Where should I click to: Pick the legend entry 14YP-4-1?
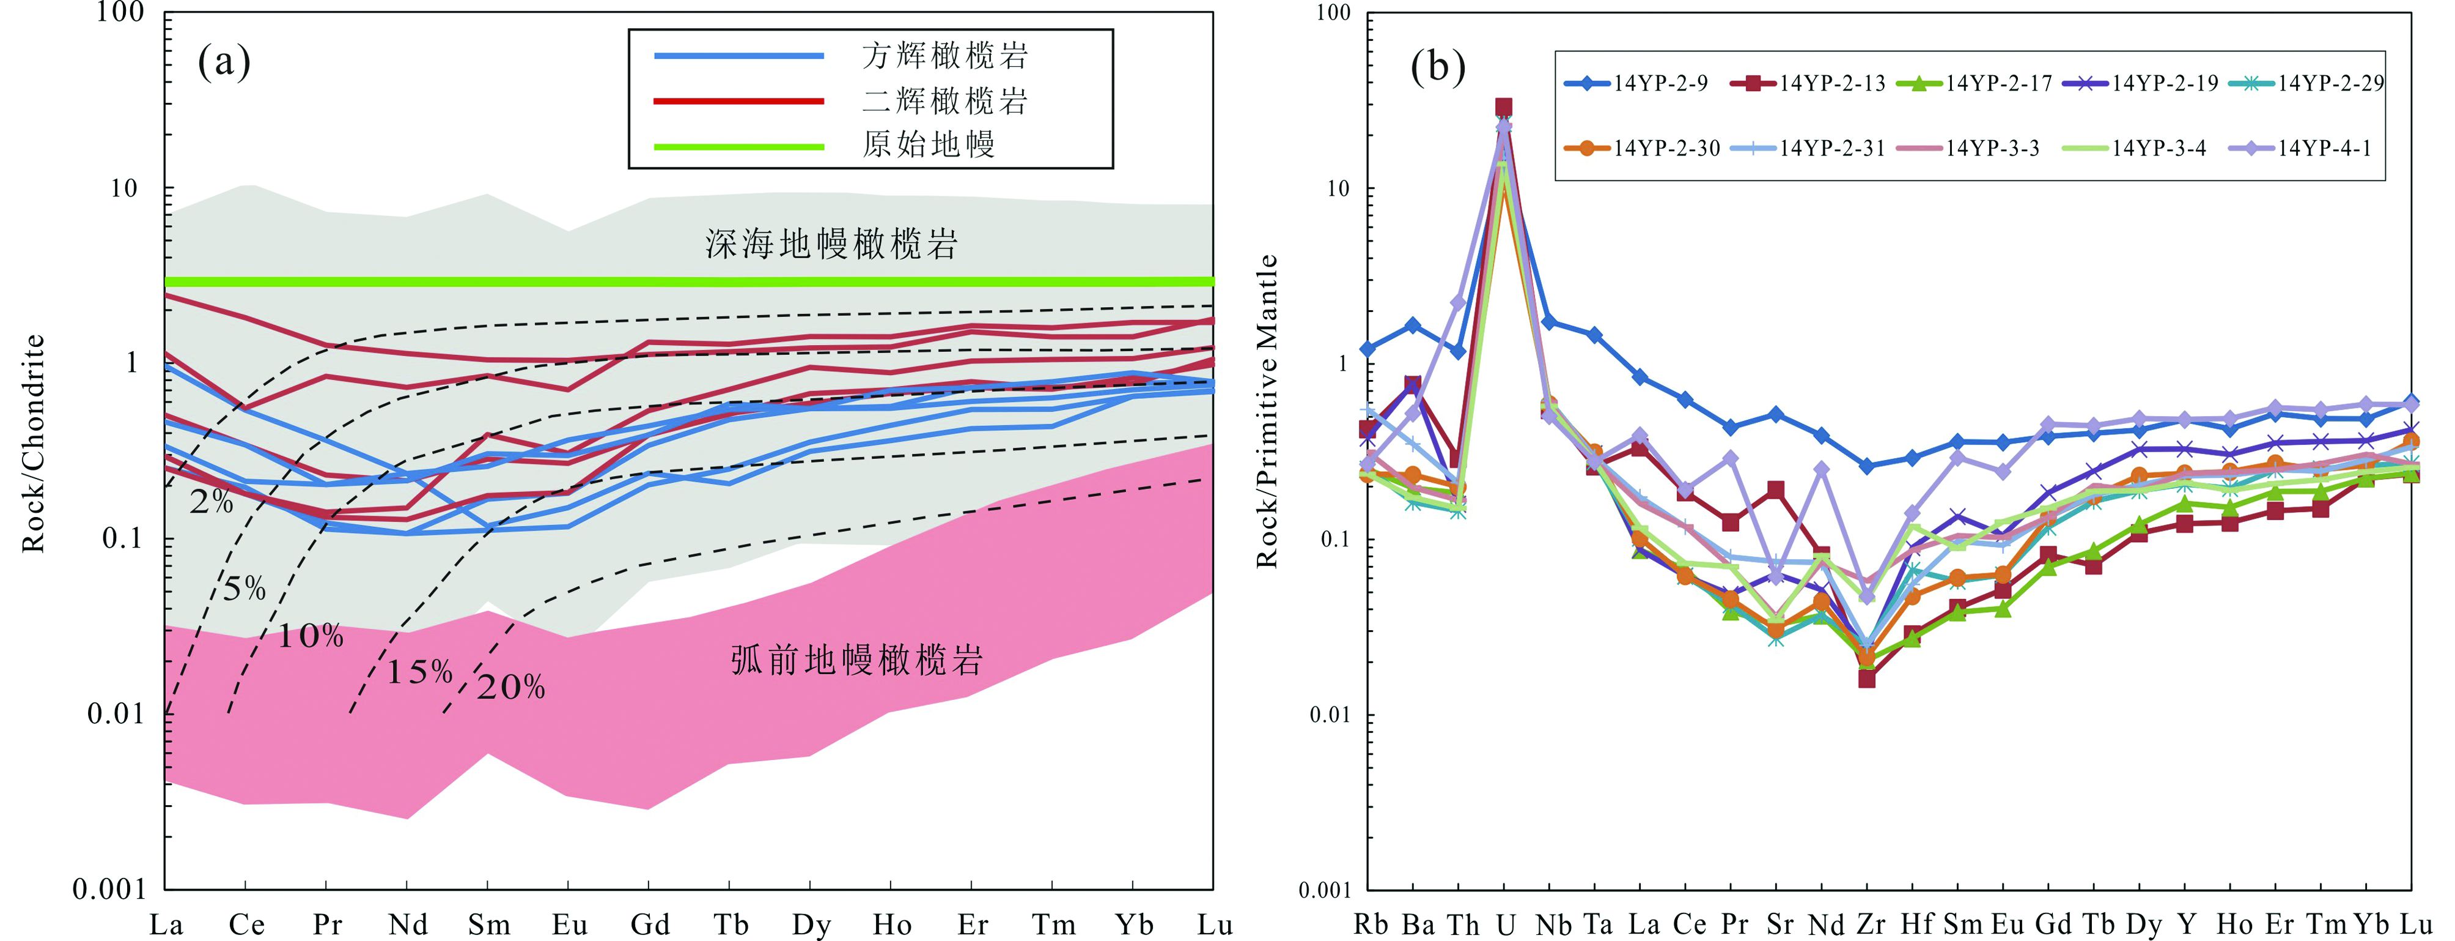(x=2324, y=149)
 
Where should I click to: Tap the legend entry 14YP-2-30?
(x=1666, y=149)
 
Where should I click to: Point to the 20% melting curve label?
(x=511, y=688)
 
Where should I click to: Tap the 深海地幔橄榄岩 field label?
(x=831, y=245)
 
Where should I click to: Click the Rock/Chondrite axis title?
(x=34, y=444)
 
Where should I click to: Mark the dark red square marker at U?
(x=1504, y=107)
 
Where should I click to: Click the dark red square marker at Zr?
(x=1867, y=679)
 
